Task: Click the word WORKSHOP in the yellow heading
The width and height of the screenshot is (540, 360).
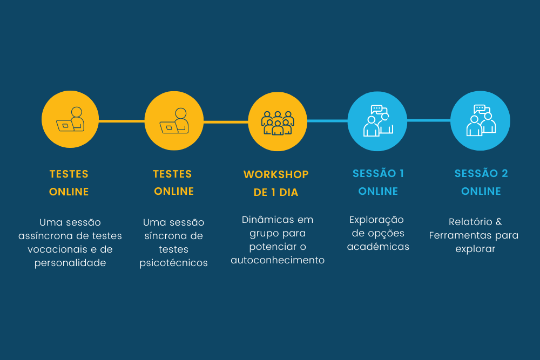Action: click(x=276, y=174)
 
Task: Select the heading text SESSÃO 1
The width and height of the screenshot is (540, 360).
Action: click(x=378, y=173)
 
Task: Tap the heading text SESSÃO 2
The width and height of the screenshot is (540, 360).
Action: click(x=481, y=173)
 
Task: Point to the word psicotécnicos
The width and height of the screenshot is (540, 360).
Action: click(x=173, y=263)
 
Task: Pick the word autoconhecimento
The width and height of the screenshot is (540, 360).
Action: click(x=278, y=260)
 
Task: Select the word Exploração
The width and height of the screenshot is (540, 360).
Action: click(x=376, y=220)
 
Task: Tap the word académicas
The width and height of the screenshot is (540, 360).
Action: click(x=378, y=247)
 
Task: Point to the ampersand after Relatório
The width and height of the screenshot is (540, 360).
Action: click(x=498, y=222)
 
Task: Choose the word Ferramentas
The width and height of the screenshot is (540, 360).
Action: click(x=460, y=235)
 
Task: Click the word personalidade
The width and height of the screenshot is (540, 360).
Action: click(x=70, y=263)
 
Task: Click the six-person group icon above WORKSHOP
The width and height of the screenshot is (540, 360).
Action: click(x=278, y=123)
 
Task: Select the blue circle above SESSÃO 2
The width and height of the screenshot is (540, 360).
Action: click(x=480, y=121)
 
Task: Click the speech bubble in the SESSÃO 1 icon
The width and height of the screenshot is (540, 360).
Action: click(x=377, y=110)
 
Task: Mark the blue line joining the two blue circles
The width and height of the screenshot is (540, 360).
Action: click(x=429, y=120)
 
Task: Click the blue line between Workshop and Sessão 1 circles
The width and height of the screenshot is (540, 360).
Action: click(x=327, y=121)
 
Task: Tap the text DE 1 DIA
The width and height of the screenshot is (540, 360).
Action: click(x=276, y=192)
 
